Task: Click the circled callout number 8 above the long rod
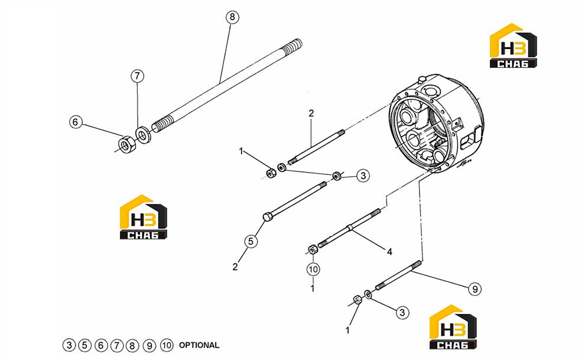(x=232, y=17)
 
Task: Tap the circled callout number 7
(x=137, y=76)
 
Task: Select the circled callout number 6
(x=76, y=122)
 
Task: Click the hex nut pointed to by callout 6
(x=127, y=144)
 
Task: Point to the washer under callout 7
(x=142, y=134)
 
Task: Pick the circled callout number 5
(x=251, y=241)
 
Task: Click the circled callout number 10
(x=313, y=269)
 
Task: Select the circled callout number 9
(x=474, y=289)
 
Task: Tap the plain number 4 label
(x=389, y=252)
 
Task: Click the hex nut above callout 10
(x=313, y=249)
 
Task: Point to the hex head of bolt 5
(x=268, y=217)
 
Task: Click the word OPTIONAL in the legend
(x=199, y=345)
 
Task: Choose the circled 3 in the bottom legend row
(x=69, y=345)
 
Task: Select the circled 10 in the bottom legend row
(x=167, y=345)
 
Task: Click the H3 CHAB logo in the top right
(x=513, y=46)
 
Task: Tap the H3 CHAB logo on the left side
(x=143, y=217)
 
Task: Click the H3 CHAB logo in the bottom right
(x=453, y=327)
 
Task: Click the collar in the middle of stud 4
(x=349, y=227)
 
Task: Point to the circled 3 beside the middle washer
(x=363, y=176)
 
